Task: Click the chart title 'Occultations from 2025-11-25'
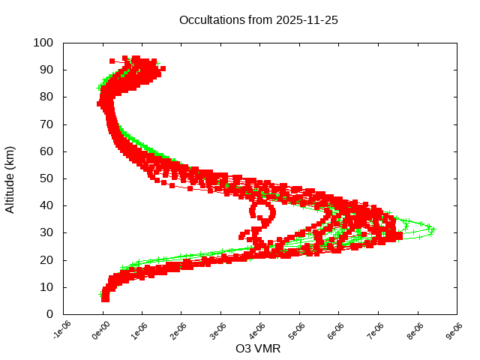point(259,20)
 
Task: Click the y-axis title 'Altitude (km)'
point(10,178)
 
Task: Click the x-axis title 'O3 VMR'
point(258,349)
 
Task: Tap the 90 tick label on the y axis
point(46,70)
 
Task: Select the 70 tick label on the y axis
point(46,124)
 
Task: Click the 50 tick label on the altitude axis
point(46,178)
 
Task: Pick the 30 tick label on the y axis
point(46,232)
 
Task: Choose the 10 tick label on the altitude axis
point(46,287)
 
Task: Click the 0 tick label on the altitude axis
point(49,314)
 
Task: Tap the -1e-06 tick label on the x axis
point(61,329)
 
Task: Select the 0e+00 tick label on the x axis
point(100,329)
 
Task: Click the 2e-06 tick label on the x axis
point(178,329)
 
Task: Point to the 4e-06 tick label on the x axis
point(257,329)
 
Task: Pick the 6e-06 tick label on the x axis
point(335,329)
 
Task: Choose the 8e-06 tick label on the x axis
point(414,329)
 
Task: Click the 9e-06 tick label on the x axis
point(453,329)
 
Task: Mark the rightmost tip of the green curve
point(434,229)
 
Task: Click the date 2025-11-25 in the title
point(307,20)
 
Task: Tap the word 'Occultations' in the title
point(212,20)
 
